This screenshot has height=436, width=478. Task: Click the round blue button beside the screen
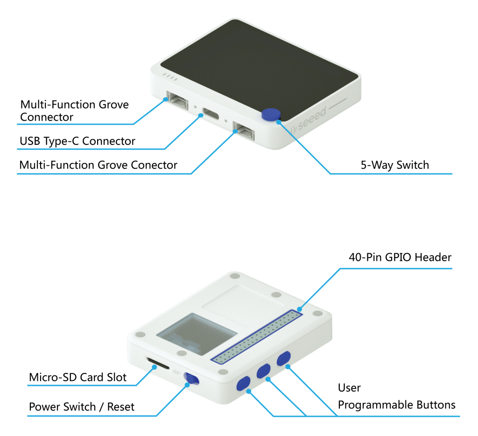pyautogui.click(x=271, y=114)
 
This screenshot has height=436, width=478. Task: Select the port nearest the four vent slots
pyautogui.click(x=177, y=100)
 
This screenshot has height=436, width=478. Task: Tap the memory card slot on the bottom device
pyautogui.click(x=158, y=362)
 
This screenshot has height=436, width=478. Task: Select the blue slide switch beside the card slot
pyautogui.click(x=192, y=379)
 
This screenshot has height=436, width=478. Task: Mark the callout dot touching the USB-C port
pyautogui.click(x=201, y=114)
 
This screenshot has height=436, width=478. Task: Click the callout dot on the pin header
pyautogui.click(x=300, y=309)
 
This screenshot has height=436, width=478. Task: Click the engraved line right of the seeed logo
pyautogui.click(x=337, y=104)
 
